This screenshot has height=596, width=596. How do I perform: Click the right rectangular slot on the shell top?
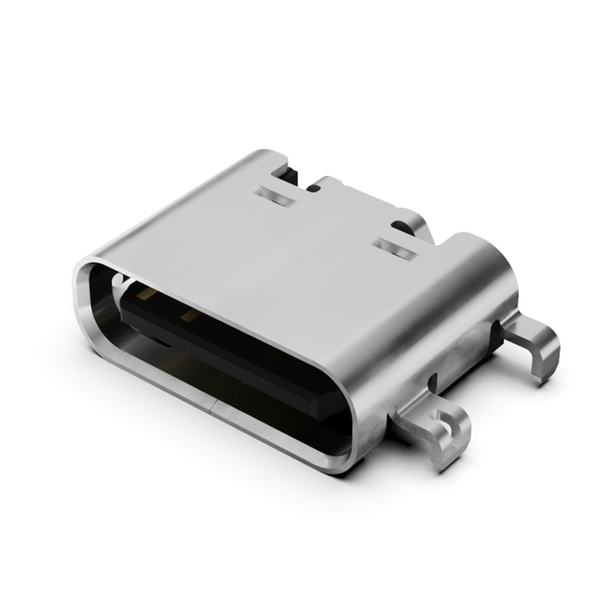[392, 248]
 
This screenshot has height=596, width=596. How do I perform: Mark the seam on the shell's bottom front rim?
[216, 407]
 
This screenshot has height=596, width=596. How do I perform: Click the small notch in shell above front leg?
[434, 381]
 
